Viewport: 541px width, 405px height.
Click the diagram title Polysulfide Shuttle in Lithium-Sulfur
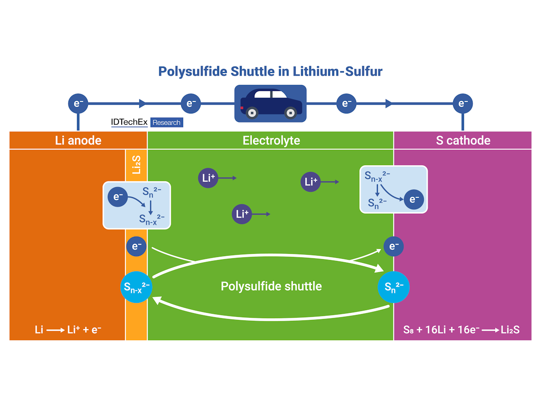[270, 72]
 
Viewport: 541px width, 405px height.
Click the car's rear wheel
[252, 112]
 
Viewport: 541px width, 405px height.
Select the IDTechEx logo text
[129, 122]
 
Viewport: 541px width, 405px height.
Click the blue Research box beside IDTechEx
[166, 122]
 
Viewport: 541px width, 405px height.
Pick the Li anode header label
[78, 140]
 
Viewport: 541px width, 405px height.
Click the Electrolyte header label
[271, 140]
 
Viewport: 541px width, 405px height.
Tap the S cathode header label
[463, 140]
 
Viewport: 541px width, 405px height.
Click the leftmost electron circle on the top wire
[78, 103]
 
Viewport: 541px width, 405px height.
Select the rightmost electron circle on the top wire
[463, 103]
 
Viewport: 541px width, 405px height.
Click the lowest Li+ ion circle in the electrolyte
[242, 214]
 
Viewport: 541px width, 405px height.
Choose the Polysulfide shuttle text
[271, 286]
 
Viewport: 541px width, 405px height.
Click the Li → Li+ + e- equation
[68, 330]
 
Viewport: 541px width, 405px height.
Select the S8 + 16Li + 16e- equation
[461, 330]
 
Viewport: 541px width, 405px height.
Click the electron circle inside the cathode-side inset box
[413, 199]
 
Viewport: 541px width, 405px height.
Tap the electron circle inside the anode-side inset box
[118, 197]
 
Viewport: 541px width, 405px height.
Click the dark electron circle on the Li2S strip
[137, 246]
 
